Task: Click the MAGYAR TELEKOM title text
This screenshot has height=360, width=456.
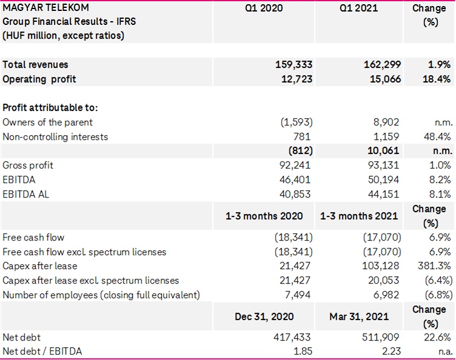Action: (45, 8)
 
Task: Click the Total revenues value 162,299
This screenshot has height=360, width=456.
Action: (378, 64)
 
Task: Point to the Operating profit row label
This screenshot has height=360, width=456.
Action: (39, 79)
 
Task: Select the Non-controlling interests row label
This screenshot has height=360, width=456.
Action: (55, 136)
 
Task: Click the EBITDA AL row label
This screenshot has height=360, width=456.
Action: (25, 194)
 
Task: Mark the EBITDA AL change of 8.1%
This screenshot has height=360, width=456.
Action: (438, 194)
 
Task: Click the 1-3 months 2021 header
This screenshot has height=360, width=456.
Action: (359, 216)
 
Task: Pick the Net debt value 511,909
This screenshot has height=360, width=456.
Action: (378, 337)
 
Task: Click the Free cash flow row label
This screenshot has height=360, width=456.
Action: (33, 237)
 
